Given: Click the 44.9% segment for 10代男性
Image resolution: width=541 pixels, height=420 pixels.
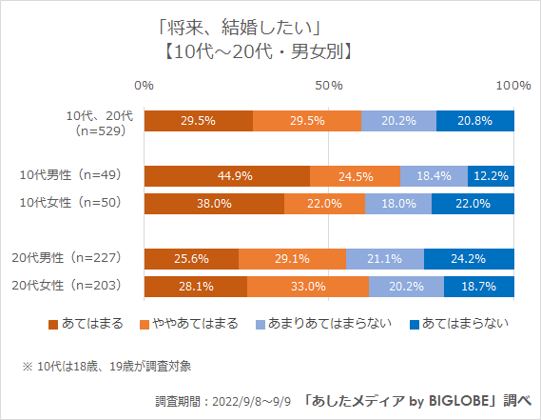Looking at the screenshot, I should coord(227,176).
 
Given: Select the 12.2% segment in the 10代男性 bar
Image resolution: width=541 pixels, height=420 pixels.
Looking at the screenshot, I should coord(491,176).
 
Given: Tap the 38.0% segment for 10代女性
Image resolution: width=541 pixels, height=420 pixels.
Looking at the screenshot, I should coord(214,204).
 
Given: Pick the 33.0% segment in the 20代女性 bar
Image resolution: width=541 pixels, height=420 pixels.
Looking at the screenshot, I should coord(308,286).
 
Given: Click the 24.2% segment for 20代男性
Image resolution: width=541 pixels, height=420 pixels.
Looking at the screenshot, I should coord(469,258).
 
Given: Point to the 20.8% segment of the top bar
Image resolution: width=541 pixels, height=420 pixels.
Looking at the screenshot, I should coord(475,121).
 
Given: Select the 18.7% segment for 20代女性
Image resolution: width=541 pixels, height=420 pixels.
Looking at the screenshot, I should coord(479,286).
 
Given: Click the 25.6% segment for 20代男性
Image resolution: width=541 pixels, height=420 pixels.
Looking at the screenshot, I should coord(191,258).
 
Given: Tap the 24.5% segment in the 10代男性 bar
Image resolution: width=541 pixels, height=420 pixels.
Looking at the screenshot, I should coord(355,176).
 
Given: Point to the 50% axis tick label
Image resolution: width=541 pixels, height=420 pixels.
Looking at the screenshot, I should coord(329,86).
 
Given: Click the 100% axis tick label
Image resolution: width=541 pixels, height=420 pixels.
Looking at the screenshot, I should coord(513,86).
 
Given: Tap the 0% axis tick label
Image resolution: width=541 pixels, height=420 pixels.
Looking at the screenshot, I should coord(145,86).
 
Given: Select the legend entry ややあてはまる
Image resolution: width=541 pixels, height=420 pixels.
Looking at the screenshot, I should coord(190,324).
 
